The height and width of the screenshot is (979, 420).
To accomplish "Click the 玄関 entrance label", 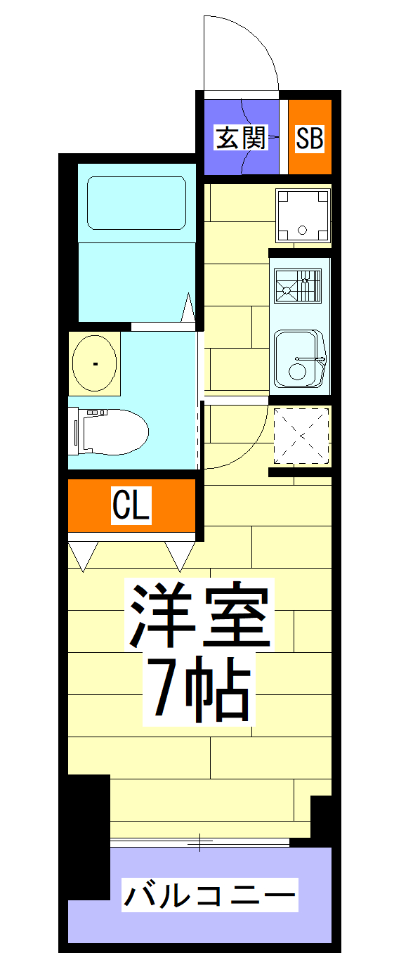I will click(241, 138).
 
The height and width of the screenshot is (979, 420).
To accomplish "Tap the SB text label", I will click(309, 138).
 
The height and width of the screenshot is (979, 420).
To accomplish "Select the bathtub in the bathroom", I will click(136, 203).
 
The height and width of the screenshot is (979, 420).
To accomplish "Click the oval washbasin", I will click(95, 363).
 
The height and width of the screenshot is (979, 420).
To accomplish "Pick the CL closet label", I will click(131, 505).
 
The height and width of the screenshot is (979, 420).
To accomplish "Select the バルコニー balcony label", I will click(209, 895).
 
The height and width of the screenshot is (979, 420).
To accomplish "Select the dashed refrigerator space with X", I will click(301, 436).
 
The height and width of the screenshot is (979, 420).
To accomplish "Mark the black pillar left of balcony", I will click(88, 836).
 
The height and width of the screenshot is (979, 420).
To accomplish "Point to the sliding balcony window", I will click(199, 841).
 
